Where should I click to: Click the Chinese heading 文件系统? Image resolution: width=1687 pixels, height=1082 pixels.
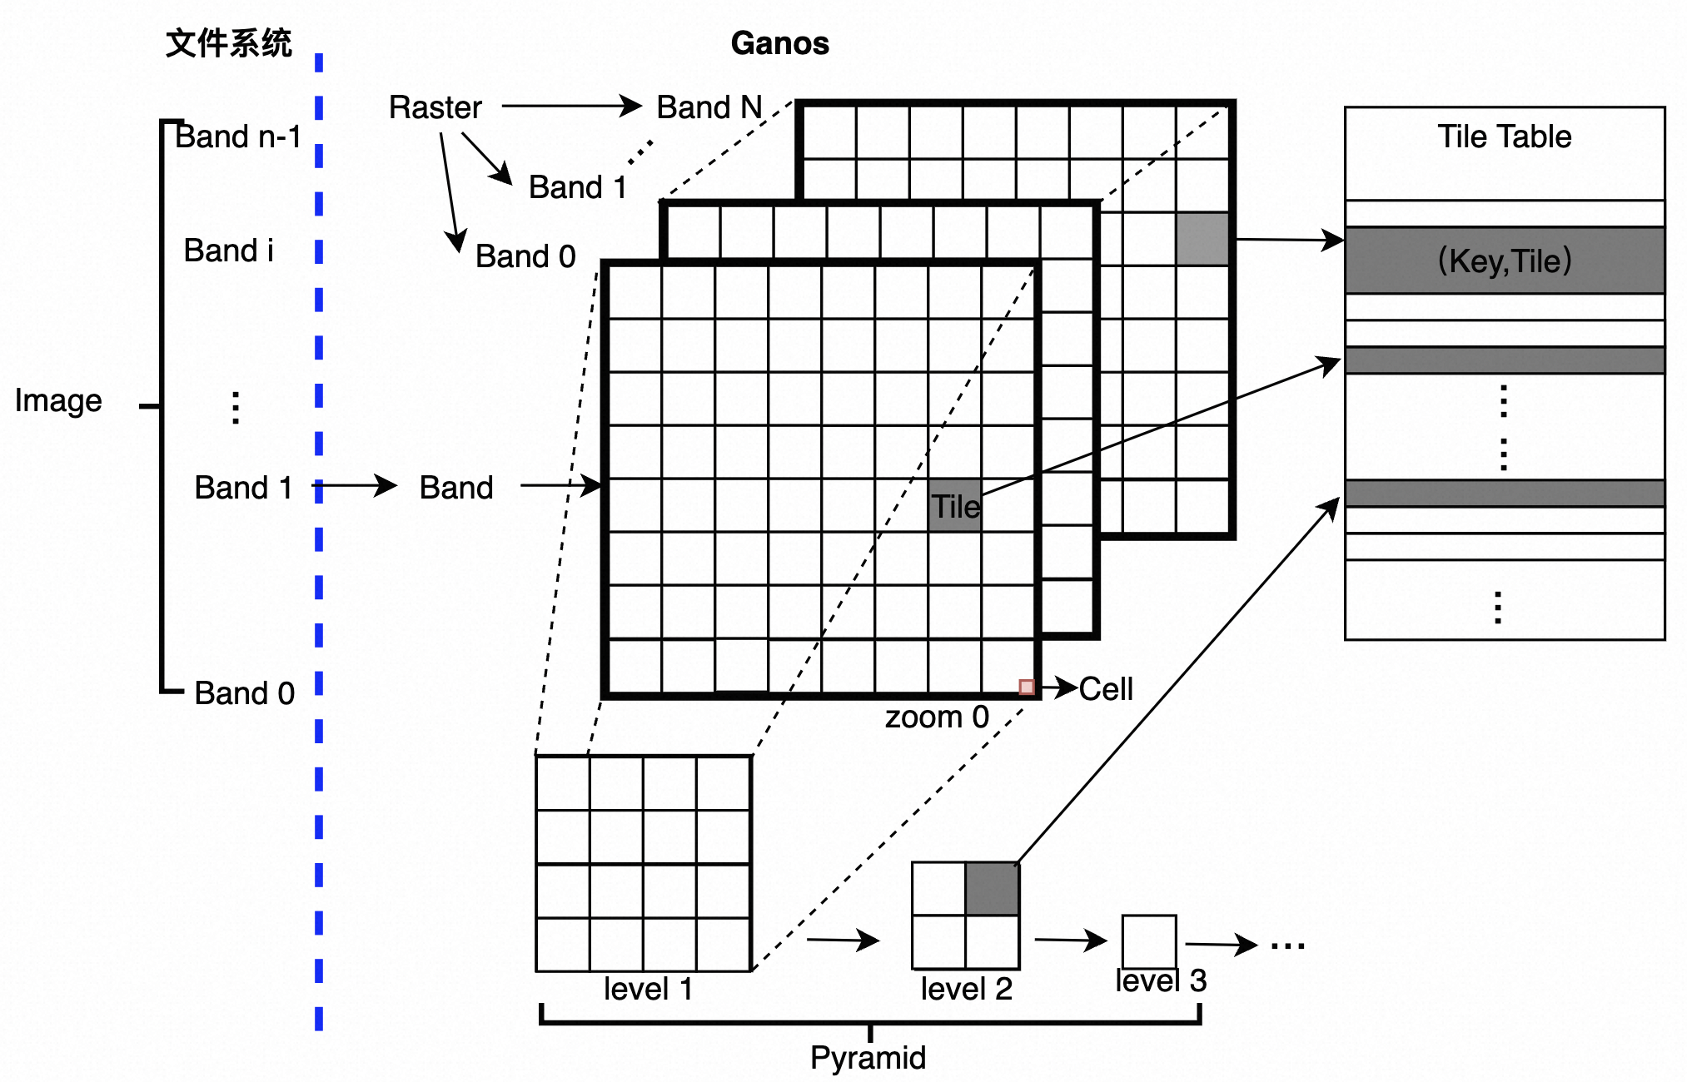pos(228,43)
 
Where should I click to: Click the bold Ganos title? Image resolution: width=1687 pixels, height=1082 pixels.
pos(779,43)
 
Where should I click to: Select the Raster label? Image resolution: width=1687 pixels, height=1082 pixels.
pos(435,107)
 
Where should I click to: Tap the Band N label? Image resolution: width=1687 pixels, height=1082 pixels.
pos(709,107)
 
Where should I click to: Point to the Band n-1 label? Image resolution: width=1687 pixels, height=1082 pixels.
pos(238,136)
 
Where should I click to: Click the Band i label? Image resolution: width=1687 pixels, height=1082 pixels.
pos(228,251)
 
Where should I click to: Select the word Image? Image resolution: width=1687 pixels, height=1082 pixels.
pos(58,400)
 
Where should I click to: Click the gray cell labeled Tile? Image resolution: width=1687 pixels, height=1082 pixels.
pos(955,505)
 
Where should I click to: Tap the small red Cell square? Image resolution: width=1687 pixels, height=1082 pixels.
pos(1027,687)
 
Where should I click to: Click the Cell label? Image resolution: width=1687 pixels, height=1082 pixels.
pos(1106,689)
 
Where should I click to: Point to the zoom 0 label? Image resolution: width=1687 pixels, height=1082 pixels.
pos(937,717)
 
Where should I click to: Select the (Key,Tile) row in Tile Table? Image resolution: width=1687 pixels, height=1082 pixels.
pos(1505,261)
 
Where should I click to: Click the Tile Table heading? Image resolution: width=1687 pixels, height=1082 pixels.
pos(1505,136)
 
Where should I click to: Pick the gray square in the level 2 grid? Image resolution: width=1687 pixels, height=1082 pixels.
pos(993,889)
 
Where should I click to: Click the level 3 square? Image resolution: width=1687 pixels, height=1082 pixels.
pos(1149,941)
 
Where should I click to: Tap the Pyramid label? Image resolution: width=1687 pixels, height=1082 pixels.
pos(868,1058)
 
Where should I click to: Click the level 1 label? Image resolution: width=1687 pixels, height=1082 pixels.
pos(648,989)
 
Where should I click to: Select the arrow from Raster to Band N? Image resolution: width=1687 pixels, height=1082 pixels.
pos(570,107)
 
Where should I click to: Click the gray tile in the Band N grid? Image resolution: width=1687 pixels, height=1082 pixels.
pos(1203,239)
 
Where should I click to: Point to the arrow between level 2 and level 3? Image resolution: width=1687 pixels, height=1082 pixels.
pos(1070,941)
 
